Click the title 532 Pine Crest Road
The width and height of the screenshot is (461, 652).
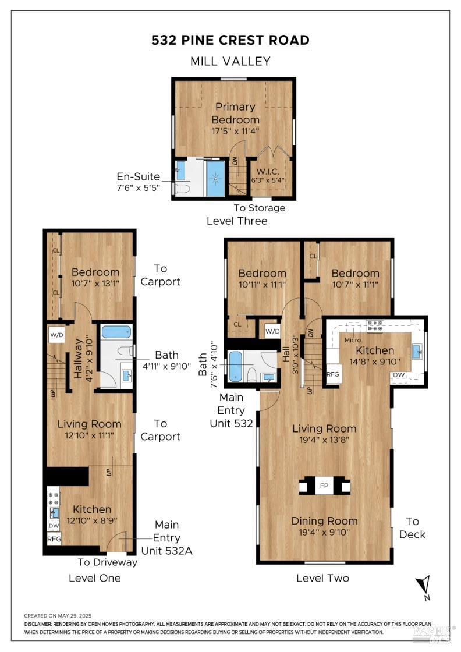(x=230, y=40)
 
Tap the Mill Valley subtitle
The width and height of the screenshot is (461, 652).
(x=230, y=62)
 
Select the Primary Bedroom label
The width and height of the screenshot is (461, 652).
(x=235, y=113)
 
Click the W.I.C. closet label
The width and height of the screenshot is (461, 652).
(x=268, y=171)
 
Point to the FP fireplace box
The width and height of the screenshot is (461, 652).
(x=324, y=486)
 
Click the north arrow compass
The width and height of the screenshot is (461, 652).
(x=424, y=587)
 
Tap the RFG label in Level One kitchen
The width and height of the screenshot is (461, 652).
(x=54, y=539)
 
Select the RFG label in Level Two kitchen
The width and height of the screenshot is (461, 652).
(x=332, y=374)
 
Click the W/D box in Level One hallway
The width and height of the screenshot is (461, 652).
(x=57, y=335)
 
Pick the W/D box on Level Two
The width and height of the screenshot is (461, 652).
(x=272, y=331)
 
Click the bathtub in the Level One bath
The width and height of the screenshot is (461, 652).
(x=116, y=332)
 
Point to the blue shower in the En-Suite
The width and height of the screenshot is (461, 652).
(x=215, y=178)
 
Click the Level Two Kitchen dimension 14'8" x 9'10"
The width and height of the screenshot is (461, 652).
(x=375, y=362)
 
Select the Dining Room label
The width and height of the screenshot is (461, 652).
(x=324, y=521)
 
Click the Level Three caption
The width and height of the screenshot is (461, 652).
(x=237, y=221)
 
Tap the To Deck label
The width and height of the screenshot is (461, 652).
(x=412, y=528)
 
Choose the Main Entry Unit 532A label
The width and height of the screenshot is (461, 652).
(x=166, y=538)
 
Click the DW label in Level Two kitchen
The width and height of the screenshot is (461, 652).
(x=399, y=375)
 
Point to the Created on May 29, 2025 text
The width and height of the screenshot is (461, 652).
(x=58, y=616)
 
